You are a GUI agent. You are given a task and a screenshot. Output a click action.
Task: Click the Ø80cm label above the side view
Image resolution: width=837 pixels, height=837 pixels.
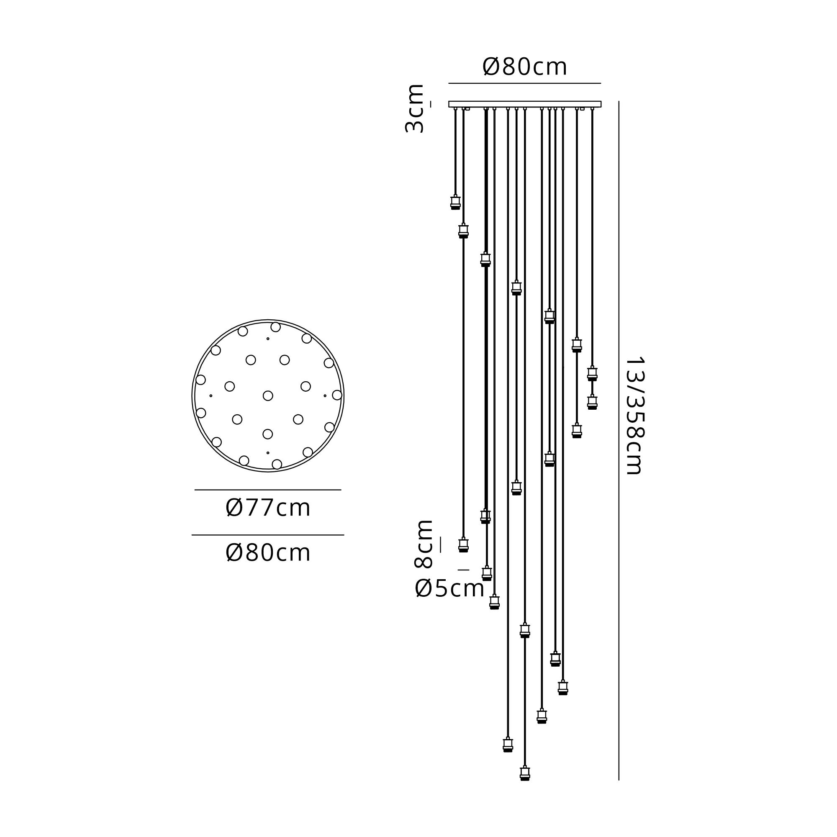(524, 67)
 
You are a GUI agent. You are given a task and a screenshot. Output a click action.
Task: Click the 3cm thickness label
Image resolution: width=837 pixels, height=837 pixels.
(415, 108)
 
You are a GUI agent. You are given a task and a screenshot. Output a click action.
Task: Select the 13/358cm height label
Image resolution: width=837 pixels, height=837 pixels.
(635, 416)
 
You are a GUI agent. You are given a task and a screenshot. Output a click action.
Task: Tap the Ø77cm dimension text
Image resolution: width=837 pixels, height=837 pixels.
(268, 508)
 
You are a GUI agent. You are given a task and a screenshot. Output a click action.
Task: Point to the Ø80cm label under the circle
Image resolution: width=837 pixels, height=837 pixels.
(268, 553)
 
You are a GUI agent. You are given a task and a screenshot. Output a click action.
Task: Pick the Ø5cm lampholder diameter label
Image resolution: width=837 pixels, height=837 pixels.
(449, 588)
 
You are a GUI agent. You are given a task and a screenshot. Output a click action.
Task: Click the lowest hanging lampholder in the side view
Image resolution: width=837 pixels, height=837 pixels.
(525, 773)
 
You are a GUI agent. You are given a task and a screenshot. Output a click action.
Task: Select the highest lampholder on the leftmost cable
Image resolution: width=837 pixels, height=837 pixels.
(455, 202)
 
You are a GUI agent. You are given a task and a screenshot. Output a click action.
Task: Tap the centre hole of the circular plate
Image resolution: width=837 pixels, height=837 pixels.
(268, 395)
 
